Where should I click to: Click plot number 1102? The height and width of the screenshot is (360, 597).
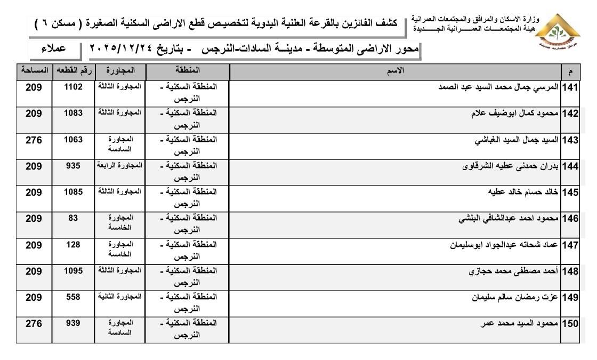tap(73, 87)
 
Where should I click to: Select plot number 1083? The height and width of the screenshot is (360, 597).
tap(73, 113)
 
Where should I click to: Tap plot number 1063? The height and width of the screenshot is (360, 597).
tap(73, 140)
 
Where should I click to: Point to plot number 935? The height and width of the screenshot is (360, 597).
tap(73, 166)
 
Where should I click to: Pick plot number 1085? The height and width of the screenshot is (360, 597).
tap(73, 192)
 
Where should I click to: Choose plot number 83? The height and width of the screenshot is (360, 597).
tap(73, 218)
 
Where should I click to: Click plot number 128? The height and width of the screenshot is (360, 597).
tap(73, 245)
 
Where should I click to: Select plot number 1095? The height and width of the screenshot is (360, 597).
tap(73, 271)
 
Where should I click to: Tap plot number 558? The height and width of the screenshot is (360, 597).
tap(73, 297)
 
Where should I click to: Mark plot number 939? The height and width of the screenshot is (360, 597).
tap(73, 323)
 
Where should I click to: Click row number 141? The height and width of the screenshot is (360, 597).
tap(570, 87)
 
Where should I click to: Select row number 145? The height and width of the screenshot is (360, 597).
tap(570, 193)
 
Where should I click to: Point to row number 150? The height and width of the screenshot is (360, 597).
tap(570, 324)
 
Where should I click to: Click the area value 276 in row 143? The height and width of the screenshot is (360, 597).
tap(34, 140)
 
